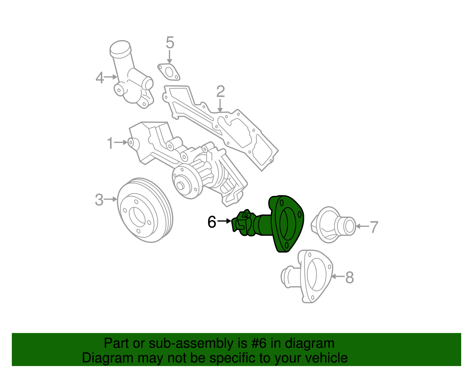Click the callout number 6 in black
point(212,222)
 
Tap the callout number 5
point(170,43)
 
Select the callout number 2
point(221,92)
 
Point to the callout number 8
point(349,277)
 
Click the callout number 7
point(374,227)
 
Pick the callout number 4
point(100,78)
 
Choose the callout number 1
point(110,143)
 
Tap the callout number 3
point(99,200)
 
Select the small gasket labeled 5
point(169,72)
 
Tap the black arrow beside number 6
point(225,221)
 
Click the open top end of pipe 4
point(120,48)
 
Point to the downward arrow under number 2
point(220,106)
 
